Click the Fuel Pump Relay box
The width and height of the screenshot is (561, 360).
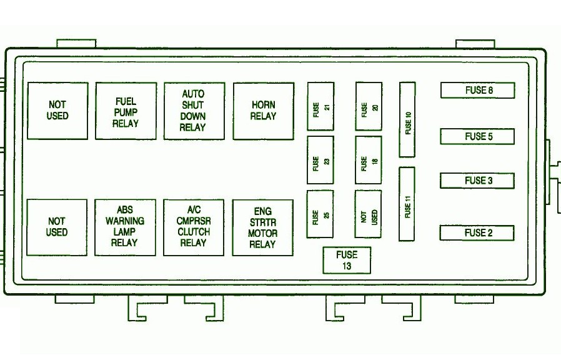tap(126, 111)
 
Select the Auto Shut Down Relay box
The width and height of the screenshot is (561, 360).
tap(194, 111)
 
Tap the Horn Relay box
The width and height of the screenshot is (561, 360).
tap(264, 111)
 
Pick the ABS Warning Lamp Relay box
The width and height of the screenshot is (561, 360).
tap(125, 227)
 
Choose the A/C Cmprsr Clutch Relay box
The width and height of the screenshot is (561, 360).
tap(194, 227)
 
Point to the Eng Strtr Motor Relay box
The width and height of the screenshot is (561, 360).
tap(262, 228)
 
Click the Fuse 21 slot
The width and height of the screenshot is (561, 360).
tap(320, 107)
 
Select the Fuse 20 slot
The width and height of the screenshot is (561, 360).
tap(369, 107)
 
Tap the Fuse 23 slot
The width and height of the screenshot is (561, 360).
tap(320, 161)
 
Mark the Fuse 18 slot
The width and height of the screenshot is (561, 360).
tap(369, 161)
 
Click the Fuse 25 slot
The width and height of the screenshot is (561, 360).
tap(320, 214)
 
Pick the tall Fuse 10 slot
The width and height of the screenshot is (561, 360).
tap(407, 119)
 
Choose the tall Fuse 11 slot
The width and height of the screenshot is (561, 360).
tap(407, 204)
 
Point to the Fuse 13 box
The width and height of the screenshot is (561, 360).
tap(347, 261)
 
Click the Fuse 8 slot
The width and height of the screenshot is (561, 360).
tap(478, 90)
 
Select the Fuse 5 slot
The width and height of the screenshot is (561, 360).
tap(477, 136)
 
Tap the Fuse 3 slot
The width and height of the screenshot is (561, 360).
tap(477, 181)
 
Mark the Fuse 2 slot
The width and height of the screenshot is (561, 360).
tap(477, 233)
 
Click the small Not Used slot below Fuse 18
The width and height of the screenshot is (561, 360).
tap(368, 214)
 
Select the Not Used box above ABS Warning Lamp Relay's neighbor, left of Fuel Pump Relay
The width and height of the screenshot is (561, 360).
tap(57, 111)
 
